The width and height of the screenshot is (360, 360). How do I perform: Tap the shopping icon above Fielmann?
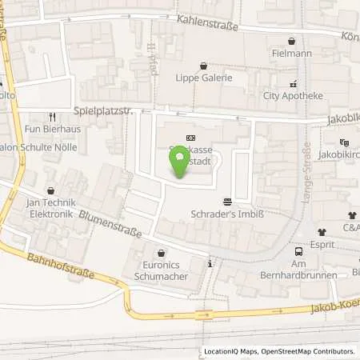[292, 40]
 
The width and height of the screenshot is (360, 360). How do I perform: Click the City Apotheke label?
[293, 96]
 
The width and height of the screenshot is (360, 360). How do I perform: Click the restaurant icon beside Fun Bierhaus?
[52, 114]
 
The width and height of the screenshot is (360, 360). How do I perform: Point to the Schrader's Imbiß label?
[228, 215]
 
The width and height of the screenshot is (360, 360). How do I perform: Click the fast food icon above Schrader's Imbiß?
[228, 202]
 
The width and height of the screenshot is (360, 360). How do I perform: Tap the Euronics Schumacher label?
[162, 270]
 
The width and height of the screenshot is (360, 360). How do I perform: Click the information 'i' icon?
[210, 263]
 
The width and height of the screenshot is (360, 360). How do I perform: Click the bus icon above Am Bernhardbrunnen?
[298, 251]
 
